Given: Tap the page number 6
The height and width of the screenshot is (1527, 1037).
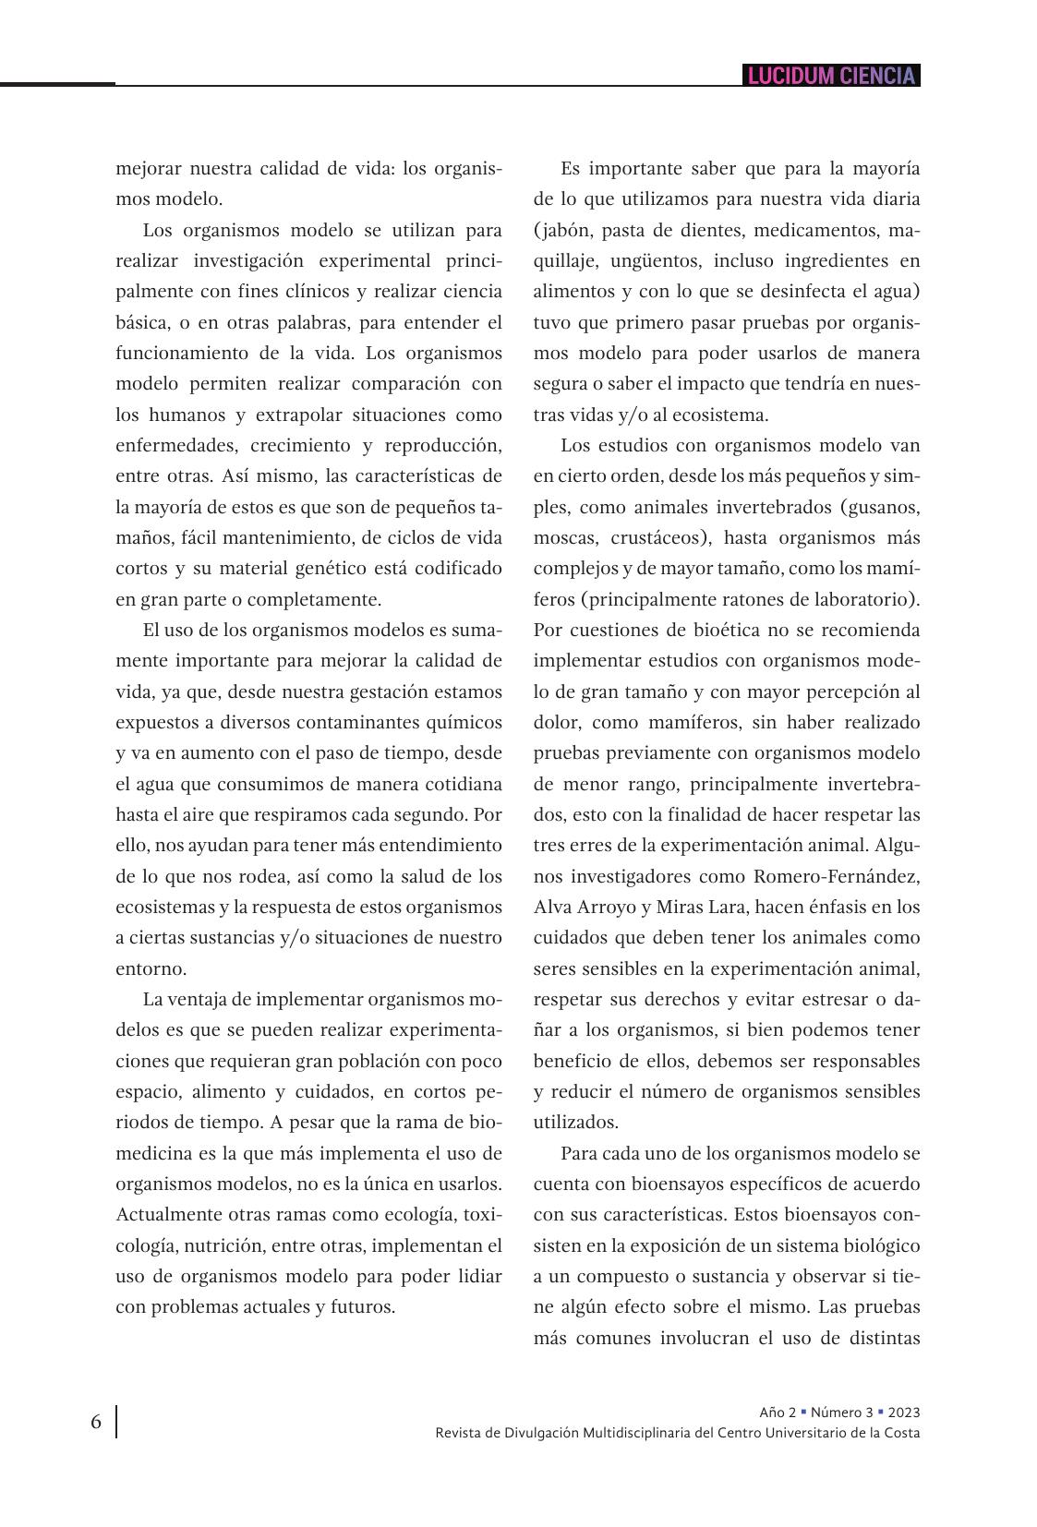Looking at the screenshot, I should [96, 1422].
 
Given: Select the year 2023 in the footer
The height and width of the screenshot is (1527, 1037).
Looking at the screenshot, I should [904, 1413].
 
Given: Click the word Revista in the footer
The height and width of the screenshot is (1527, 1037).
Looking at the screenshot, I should [460, 1433].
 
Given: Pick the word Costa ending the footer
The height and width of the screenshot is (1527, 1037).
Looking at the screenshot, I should [901, 1433].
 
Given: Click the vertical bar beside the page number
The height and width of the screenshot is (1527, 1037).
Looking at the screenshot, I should [116, 1422].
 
